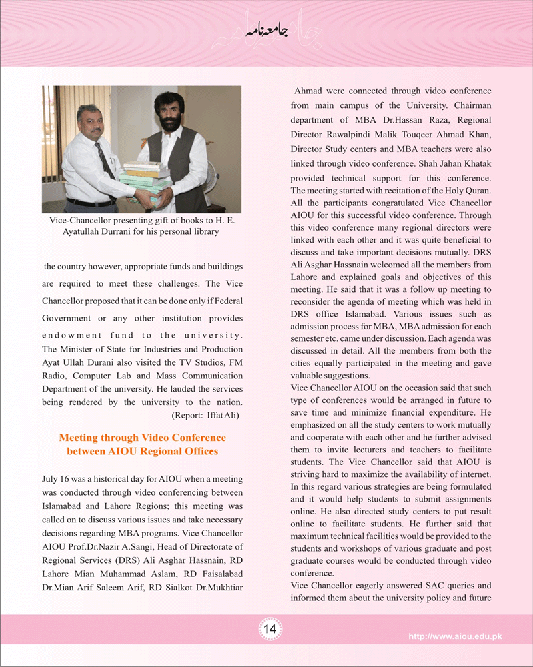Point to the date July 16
(60, 479)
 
